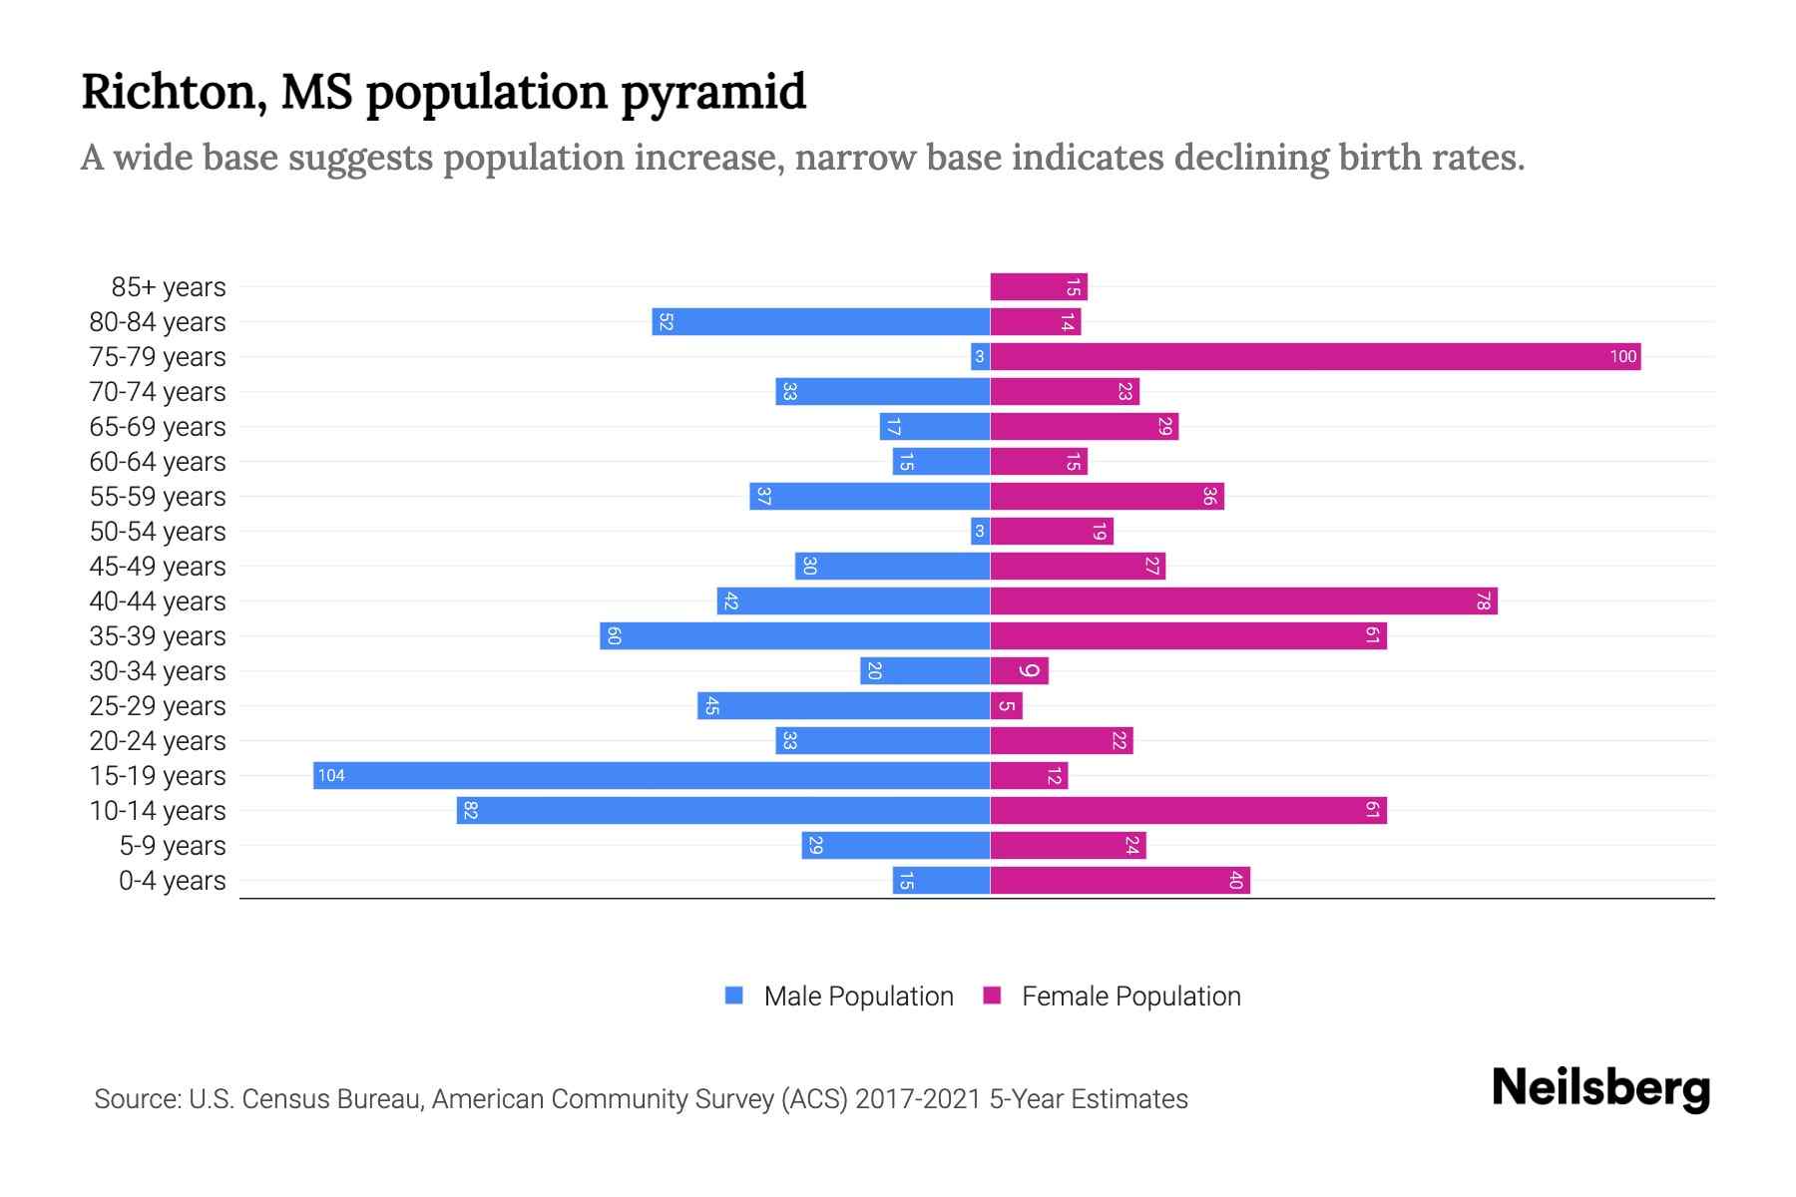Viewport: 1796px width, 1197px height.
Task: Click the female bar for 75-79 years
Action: (x=1315, y=357)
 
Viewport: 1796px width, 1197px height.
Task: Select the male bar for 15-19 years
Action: (x=652, y=776)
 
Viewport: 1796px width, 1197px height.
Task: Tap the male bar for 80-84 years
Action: (x=821, y=322)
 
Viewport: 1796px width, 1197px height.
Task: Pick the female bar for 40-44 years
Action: (x=1243, y=601)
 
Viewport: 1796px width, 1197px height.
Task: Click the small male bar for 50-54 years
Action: (x=980, y=532)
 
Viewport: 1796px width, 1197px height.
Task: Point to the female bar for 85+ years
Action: (x=1038, y=287)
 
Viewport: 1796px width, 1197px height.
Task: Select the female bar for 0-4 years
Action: (x=1120, y=881)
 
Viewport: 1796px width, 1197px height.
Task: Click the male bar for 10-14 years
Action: (x=723, y=811)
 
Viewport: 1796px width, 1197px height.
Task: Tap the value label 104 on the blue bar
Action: (x=331, y=776)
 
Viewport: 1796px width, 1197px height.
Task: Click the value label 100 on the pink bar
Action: (x=1622, y=357)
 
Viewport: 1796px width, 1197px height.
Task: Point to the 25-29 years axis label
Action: (x=158, y=706)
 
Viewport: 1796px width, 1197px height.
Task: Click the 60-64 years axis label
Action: (x=158, y=462)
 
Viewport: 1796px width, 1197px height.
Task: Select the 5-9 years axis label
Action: (x=173, y=846)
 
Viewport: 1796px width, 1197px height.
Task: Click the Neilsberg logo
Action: (x=1600, y=1088)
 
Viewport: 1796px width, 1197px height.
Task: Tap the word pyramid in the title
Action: (x=713, y=93)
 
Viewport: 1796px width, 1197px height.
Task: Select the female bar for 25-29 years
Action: (x=1006, y=706)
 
